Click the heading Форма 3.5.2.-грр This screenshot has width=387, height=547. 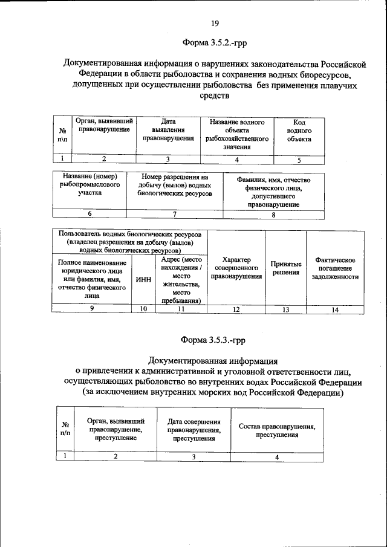[x=215, y=43]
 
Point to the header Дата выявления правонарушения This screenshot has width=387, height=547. [x=168, y=130]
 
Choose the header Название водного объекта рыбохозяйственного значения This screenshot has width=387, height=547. [x=237, y=134]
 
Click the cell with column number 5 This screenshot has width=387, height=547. [x=299, y=160]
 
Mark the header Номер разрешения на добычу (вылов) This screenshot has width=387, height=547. [x=175, y=185]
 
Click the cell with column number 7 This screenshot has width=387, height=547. [x=175, y=213]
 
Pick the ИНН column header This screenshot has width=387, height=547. [x=144, y=280]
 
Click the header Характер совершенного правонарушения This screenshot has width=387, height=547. [x=236, y=268]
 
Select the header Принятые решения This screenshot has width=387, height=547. [x=286, y=268]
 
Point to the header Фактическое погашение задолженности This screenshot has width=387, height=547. [x=335, y=268]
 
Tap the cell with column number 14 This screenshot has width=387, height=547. [x=335, y=309]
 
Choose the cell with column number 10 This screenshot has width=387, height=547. [x=144, y=309]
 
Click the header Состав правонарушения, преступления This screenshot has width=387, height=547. [x=277, y=430]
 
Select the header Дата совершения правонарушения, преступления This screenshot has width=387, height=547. [x=193, y=430]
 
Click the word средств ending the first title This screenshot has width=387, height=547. [x=215, y=96]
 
